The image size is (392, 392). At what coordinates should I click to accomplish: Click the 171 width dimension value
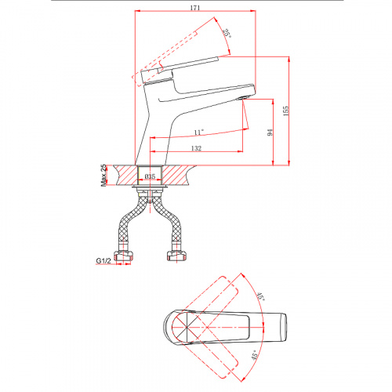click(x=195, y=8)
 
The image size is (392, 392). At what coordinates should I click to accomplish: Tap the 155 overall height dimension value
click(x=285, y=111)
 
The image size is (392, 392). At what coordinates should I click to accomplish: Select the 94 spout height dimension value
click(x=270, y=132)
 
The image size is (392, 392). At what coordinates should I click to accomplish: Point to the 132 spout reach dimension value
click(x=197, y=148)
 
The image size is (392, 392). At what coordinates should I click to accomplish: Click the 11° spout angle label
click(x=198, y=132)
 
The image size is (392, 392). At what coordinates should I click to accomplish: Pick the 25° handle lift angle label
click(x=227, y=34)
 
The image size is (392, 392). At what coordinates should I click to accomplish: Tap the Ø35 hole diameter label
click(x=150, y=176)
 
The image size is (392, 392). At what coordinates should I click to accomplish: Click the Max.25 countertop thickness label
click(x=103, y=175)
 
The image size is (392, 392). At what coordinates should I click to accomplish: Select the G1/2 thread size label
click(x=103, y=260)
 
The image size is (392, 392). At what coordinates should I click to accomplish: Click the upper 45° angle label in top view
click(x=260, y=297)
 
